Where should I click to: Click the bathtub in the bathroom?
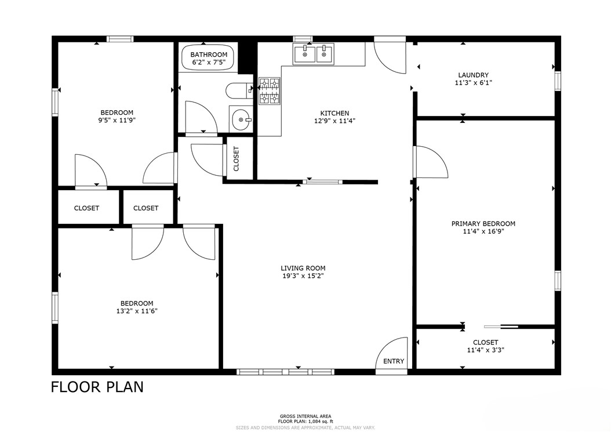pos(209,59)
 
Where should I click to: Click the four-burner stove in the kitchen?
pos(270,91)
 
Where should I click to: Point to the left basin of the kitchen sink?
pos(304,54)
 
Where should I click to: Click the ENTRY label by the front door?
pos(394,361)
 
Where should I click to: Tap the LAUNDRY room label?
pos(473,75)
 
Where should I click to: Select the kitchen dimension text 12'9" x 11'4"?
pos(334,121)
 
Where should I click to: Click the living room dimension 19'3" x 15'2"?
pos(303,276)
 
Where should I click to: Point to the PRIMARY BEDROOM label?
pos(483,224)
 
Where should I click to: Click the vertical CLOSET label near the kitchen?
pos(236,159)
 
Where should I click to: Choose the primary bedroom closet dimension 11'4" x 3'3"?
pos(486,350)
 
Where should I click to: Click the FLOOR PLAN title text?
pos(97,387)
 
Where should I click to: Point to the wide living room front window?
pos(285,372)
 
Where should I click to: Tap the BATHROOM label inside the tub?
pos(209,55)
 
